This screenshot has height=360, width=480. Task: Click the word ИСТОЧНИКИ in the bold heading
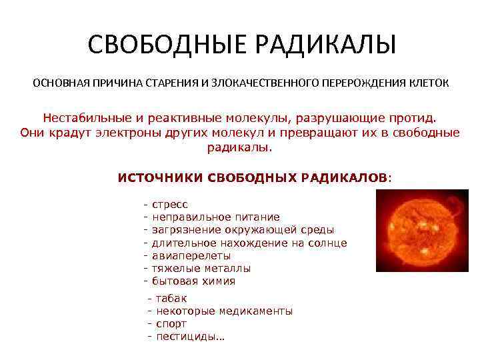pos(160,178)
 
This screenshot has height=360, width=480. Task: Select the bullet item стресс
pos(170,205)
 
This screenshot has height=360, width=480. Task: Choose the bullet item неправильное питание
pos(215,217)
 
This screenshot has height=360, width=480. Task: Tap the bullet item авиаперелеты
pos(191,255)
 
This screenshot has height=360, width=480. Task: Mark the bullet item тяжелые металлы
pos(201,268)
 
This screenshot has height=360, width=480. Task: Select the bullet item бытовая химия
pos(193,281)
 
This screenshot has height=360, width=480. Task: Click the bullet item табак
pos(171,298)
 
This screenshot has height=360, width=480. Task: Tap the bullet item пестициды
pos(189,336)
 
